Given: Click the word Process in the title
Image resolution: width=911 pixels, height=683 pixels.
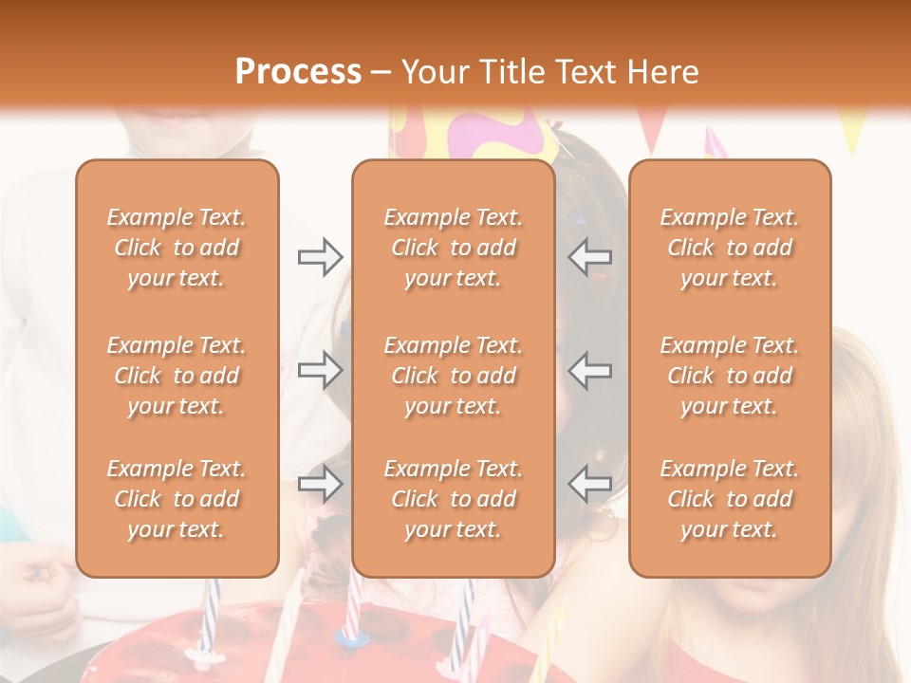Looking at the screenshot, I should [298, 72].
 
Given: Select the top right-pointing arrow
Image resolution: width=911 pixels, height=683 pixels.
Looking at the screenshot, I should [321, 256].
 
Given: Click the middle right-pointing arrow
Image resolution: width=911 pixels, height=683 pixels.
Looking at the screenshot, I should [321, 370].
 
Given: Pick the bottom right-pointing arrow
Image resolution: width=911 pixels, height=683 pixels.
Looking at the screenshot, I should [321, 484].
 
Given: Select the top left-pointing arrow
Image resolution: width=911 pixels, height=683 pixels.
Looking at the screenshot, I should [590, 256].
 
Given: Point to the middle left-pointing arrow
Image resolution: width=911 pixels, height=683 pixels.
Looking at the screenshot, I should [590, 370].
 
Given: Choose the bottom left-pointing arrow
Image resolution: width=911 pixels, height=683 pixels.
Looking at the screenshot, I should [590, 484].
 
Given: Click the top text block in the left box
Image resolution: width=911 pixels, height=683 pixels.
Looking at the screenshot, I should [177, 248].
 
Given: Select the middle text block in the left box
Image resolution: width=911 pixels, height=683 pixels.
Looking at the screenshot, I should [177, 376].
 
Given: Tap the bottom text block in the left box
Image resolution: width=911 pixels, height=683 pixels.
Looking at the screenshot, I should [177, 499].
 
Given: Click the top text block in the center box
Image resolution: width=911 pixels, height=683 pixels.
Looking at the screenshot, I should [453, 248].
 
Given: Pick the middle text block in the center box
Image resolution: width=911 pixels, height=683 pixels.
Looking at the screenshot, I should [453, 376].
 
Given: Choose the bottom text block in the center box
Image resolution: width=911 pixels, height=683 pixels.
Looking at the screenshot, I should [453, 499].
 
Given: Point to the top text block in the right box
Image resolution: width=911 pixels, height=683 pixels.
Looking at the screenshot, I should [730, 248].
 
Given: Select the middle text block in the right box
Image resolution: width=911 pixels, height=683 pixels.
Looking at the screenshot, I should [730, 376].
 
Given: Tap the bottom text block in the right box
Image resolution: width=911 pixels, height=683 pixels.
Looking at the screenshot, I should [730, 499].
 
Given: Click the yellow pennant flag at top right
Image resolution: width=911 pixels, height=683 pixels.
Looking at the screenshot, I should [853, 133].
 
